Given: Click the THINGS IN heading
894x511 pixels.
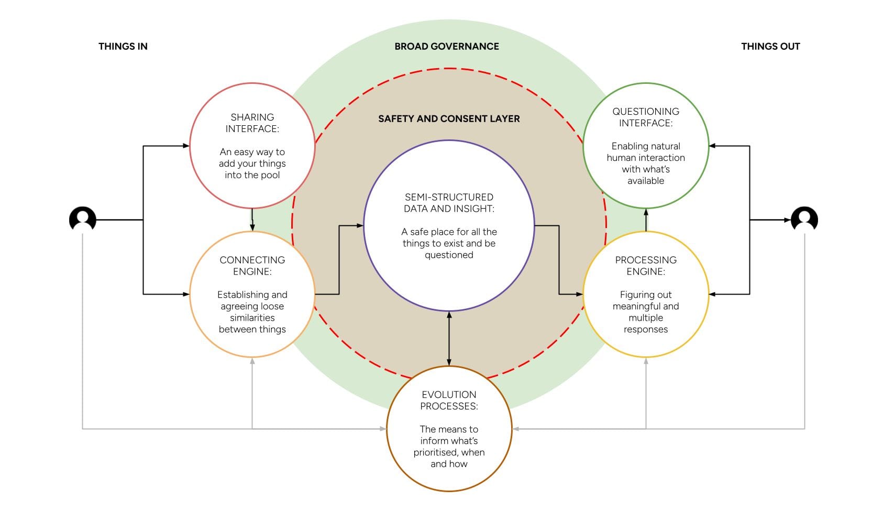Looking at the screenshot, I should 123,47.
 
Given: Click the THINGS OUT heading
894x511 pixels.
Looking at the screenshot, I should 770,47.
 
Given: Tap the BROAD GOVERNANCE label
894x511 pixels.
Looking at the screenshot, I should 447,47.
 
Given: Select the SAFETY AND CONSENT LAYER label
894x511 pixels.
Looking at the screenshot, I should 449,119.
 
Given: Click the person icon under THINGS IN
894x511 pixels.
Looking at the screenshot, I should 83,219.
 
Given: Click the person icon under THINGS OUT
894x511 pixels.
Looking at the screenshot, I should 804,219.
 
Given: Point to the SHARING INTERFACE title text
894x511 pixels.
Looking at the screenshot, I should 252,123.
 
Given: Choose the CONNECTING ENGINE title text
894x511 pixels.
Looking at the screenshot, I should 252,266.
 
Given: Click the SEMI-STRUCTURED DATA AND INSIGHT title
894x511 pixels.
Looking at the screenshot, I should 449,203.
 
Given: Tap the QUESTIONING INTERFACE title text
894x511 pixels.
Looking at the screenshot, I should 646,117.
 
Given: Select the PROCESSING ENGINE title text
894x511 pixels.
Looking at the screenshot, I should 646,266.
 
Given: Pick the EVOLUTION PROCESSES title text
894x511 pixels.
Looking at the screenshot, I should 449,400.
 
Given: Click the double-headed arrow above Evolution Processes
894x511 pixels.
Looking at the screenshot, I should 449,339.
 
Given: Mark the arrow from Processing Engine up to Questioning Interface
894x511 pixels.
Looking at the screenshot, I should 646,220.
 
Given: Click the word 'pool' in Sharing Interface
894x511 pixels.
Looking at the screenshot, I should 270,175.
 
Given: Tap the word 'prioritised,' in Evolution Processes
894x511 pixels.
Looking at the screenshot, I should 436,452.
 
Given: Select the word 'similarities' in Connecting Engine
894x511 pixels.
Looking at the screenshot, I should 252,318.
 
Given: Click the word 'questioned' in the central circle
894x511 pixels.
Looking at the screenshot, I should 449,255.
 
